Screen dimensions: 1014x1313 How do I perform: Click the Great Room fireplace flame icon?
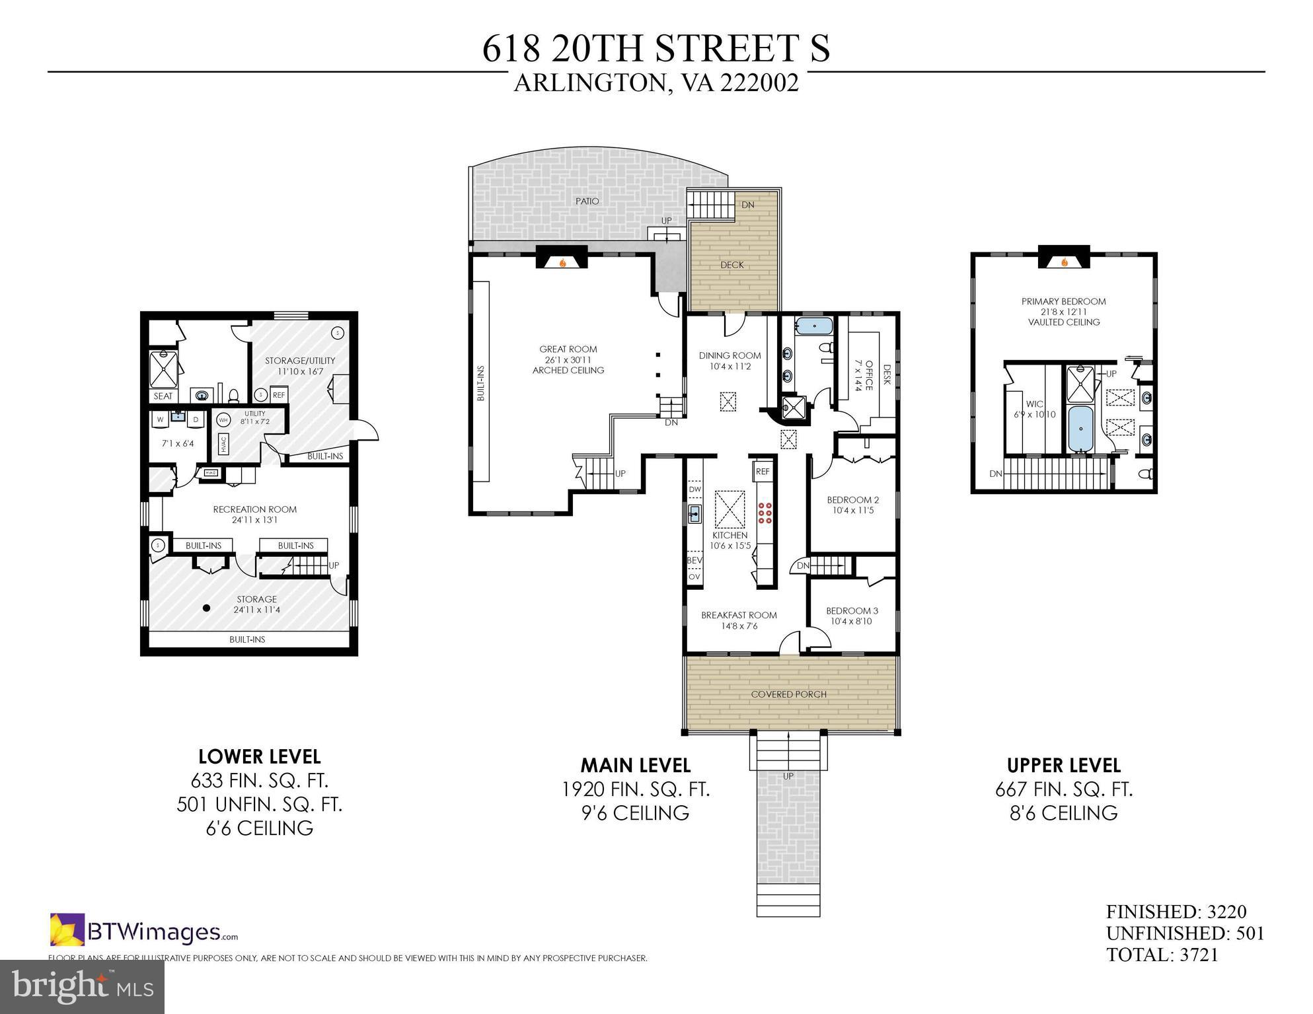pos(562,262)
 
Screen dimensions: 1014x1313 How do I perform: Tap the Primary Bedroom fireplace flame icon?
pos(1065,262)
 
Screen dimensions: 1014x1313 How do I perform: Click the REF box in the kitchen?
pos(763,472)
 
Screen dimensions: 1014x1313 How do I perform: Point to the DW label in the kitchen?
pos(694,489)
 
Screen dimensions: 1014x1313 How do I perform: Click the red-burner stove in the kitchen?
pos(766,513)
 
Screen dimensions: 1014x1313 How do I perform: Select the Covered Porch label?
pos(788,694)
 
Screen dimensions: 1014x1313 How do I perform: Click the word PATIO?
pos(587,201)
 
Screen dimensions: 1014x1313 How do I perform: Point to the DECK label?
pos(732,265)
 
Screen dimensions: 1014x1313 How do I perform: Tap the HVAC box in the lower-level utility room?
pos(223,443)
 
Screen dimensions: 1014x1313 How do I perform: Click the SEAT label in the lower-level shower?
pos(163,396)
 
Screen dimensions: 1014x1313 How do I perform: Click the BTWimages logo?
pos(144,931)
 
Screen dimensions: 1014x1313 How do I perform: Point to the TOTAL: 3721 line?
pos(1162,955)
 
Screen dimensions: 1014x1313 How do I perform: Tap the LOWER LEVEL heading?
pos(259,756)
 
